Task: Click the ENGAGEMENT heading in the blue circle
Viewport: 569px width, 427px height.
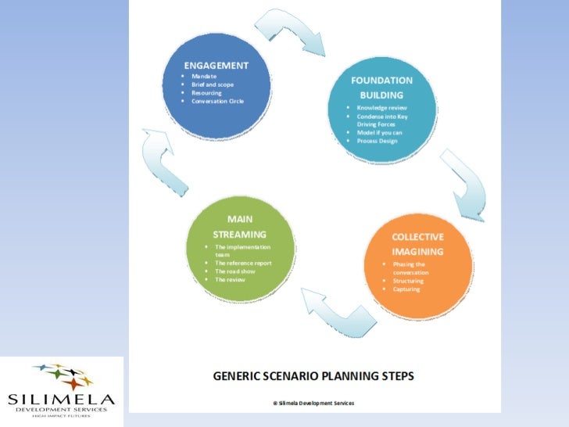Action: pos(216,65)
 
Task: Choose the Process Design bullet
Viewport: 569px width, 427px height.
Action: pos(377,141)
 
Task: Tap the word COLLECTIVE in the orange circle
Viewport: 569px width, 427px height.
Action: pos(417,237)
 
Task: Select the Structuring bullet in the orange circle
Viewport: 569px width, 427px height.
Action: pos(408,281)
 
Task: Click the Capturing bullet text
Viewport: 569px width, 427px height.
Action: pos(406,289)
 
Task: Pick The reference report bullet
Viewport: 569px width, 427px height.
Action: pos(243,263)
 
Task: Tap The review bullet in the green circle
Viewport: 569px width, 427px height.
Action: pos(230,279)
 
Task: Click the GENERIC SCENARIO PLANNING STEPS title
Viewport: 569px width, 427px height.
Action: pos(314,375)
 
